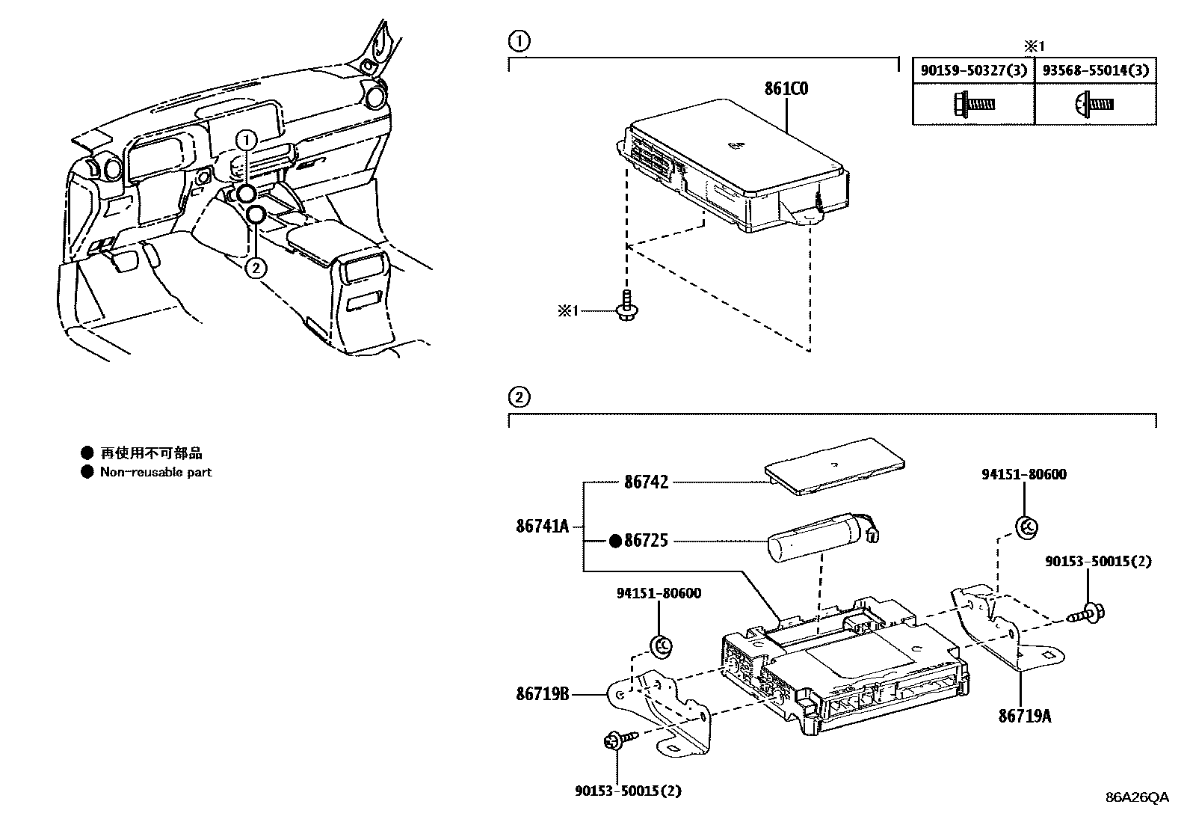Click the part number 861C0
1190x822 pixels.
pos(786,88)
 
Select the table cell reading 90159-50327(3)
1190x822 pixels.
pos(973,71)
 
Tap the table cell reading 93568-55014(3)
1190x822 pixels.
pos(1095,71)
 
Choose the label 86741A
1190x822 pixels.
pos(542,527)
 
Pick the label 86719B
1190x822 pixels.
pos(542,694)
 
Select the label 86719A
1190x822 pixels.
pos(1024,716)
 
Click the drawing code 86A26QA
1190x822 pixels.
pos(1137,797)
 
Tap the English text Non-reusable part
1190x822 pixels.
pos(155,472)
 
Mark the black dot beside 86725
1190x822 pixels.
pos(615,541)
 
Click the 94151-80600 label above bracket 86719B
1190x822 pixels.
pos(659,593)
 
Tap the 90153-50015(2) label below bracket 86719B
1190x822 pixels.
pos(628,790)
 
